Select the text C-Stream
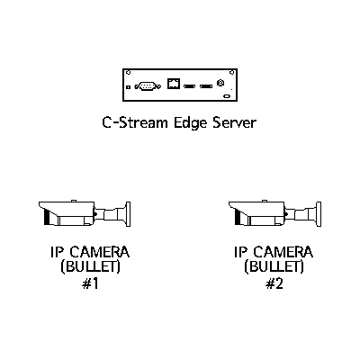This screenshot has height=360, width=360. pyautogui.click(x=135, y=122)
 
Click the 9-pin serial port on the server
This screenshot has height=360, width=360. pyautogui.click(x=148, y=86)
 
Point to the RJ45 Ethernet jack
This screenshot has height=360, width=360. pyautogui.click(x=174, y=84)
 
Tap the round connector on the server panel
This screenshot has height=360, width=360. pyautogui.click(x=220, y=83)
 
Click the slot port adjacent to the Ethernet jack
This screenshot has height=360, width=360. pyautogui.click(x=189, y=86)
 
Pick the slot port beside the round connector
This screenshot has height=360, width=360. pyautogui.click(x=206, y=86)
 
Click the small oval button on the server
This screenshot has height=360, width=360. pyautogui.click(x=227, y=96)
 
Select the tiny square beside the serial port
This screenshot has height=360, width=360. pyautogui.click(x=129, y=87)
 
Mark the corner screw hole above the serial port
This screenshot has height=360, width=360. pyautogui.click(x=128, y=72)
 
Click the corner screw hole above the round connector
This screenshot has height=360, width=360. pyautogui.click(x=231, y=72)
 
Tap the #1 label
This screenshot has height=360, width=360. pyautogui.click(x=90, y=283)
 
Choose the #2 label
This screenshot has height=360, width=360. pyautogui.click(x=274, y=283)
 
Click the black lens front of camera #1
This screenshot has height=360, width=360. pyautogui.click(x=47, y=217)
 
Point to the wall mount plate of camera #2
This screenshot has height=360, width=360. pyautogui.click(x=319, y=214)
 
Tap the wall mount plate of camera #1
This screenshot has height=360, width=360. pyautogui.click(x=128, y=214)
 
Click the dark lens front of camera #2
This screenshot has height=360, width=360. pyautogui.click(x=237, y=217)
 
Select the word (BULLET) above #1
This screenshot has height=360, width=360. pyautogui.click(x=90, y=267)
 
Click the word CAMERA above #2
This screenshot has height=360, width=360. pyautogui.click(x=283, y=252)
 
